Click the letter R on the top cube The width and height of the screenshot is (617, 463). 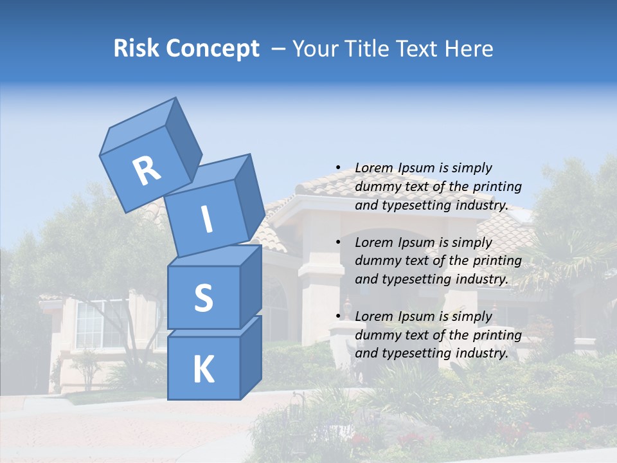click(x=147, y=170)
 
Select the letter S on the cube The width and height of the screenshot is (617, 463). click(x=203, y=298)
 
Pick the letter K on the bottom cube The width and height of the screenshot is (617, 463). click(x=203, y=370)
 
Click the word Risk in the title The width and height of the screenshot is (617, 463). click(x=136, y=49)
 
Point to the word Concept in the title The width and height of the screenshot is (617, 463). click(x=212, y=49)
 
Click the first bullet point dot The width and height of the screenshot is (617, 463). click(x=338, y=168)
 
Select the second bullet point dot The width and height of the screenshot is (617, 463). click(x=338, y=242)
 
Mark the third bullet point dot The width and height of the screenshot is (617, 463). click(x=338, y=316)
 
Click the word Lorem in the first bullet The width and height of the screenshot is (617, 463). click(x=373, y=168)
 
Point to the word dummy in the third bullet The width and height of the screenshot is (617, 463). click(x=375, y=335)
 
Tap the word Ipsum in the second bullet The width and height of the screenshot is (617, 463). click(x=416, y=242)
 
